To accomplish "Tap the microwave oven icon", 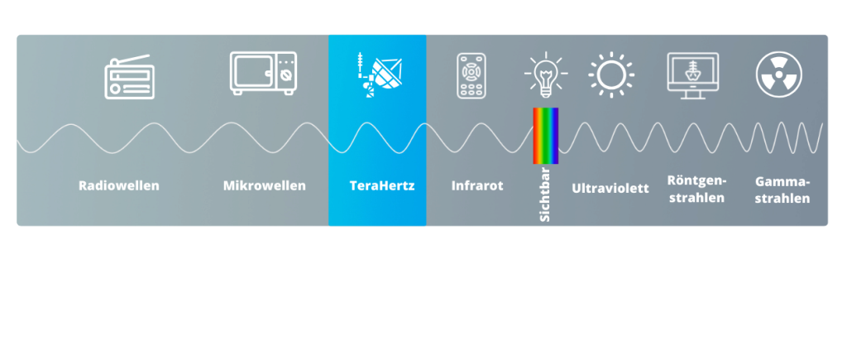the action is (263, 74).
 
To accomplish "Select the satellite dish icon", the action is (380, 74).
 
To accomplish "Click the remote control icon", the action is (471, 75).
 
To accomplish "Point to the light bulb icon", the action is (546, 74).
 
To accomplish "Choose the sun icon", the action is (611, 74).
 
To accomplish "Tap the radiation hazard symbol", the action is (778, 74).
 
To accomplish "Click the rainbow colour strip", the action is (546, 136).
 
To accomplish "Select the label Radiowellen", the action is (119, 185).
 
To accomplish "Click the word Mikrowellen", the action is (265, 185).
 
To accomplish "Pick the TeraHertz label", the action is (382, 185).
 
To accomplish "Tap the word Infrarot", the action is (477, 185).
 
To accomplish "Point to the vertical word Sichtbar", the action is (545, 194).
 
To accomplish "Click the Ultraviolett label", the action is (610, 188).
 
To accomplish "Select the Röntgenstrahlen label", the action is (696, 189).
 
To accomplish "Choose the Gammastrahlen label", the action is (782, 190).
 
